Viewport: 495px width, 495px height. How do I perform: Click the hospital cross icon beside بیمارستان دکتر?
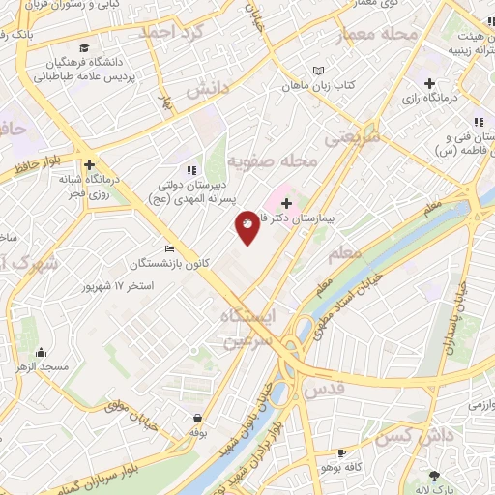[x=286, y=203]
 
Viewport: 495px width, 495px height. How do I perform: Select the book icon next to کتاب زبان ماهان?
[x=320, y=71]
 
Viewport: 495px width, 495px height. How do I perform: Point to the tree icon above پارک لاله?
[x=434, y=475]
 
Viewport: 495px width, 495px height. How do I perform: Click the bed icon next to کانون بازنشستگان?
[x=170, y=248]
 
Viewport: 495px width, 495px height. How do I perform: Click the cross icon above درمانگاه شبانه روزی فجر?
[x=89, y=164]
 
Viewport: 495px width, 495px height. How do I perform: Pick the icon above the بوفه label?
[x=197, y=418]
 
